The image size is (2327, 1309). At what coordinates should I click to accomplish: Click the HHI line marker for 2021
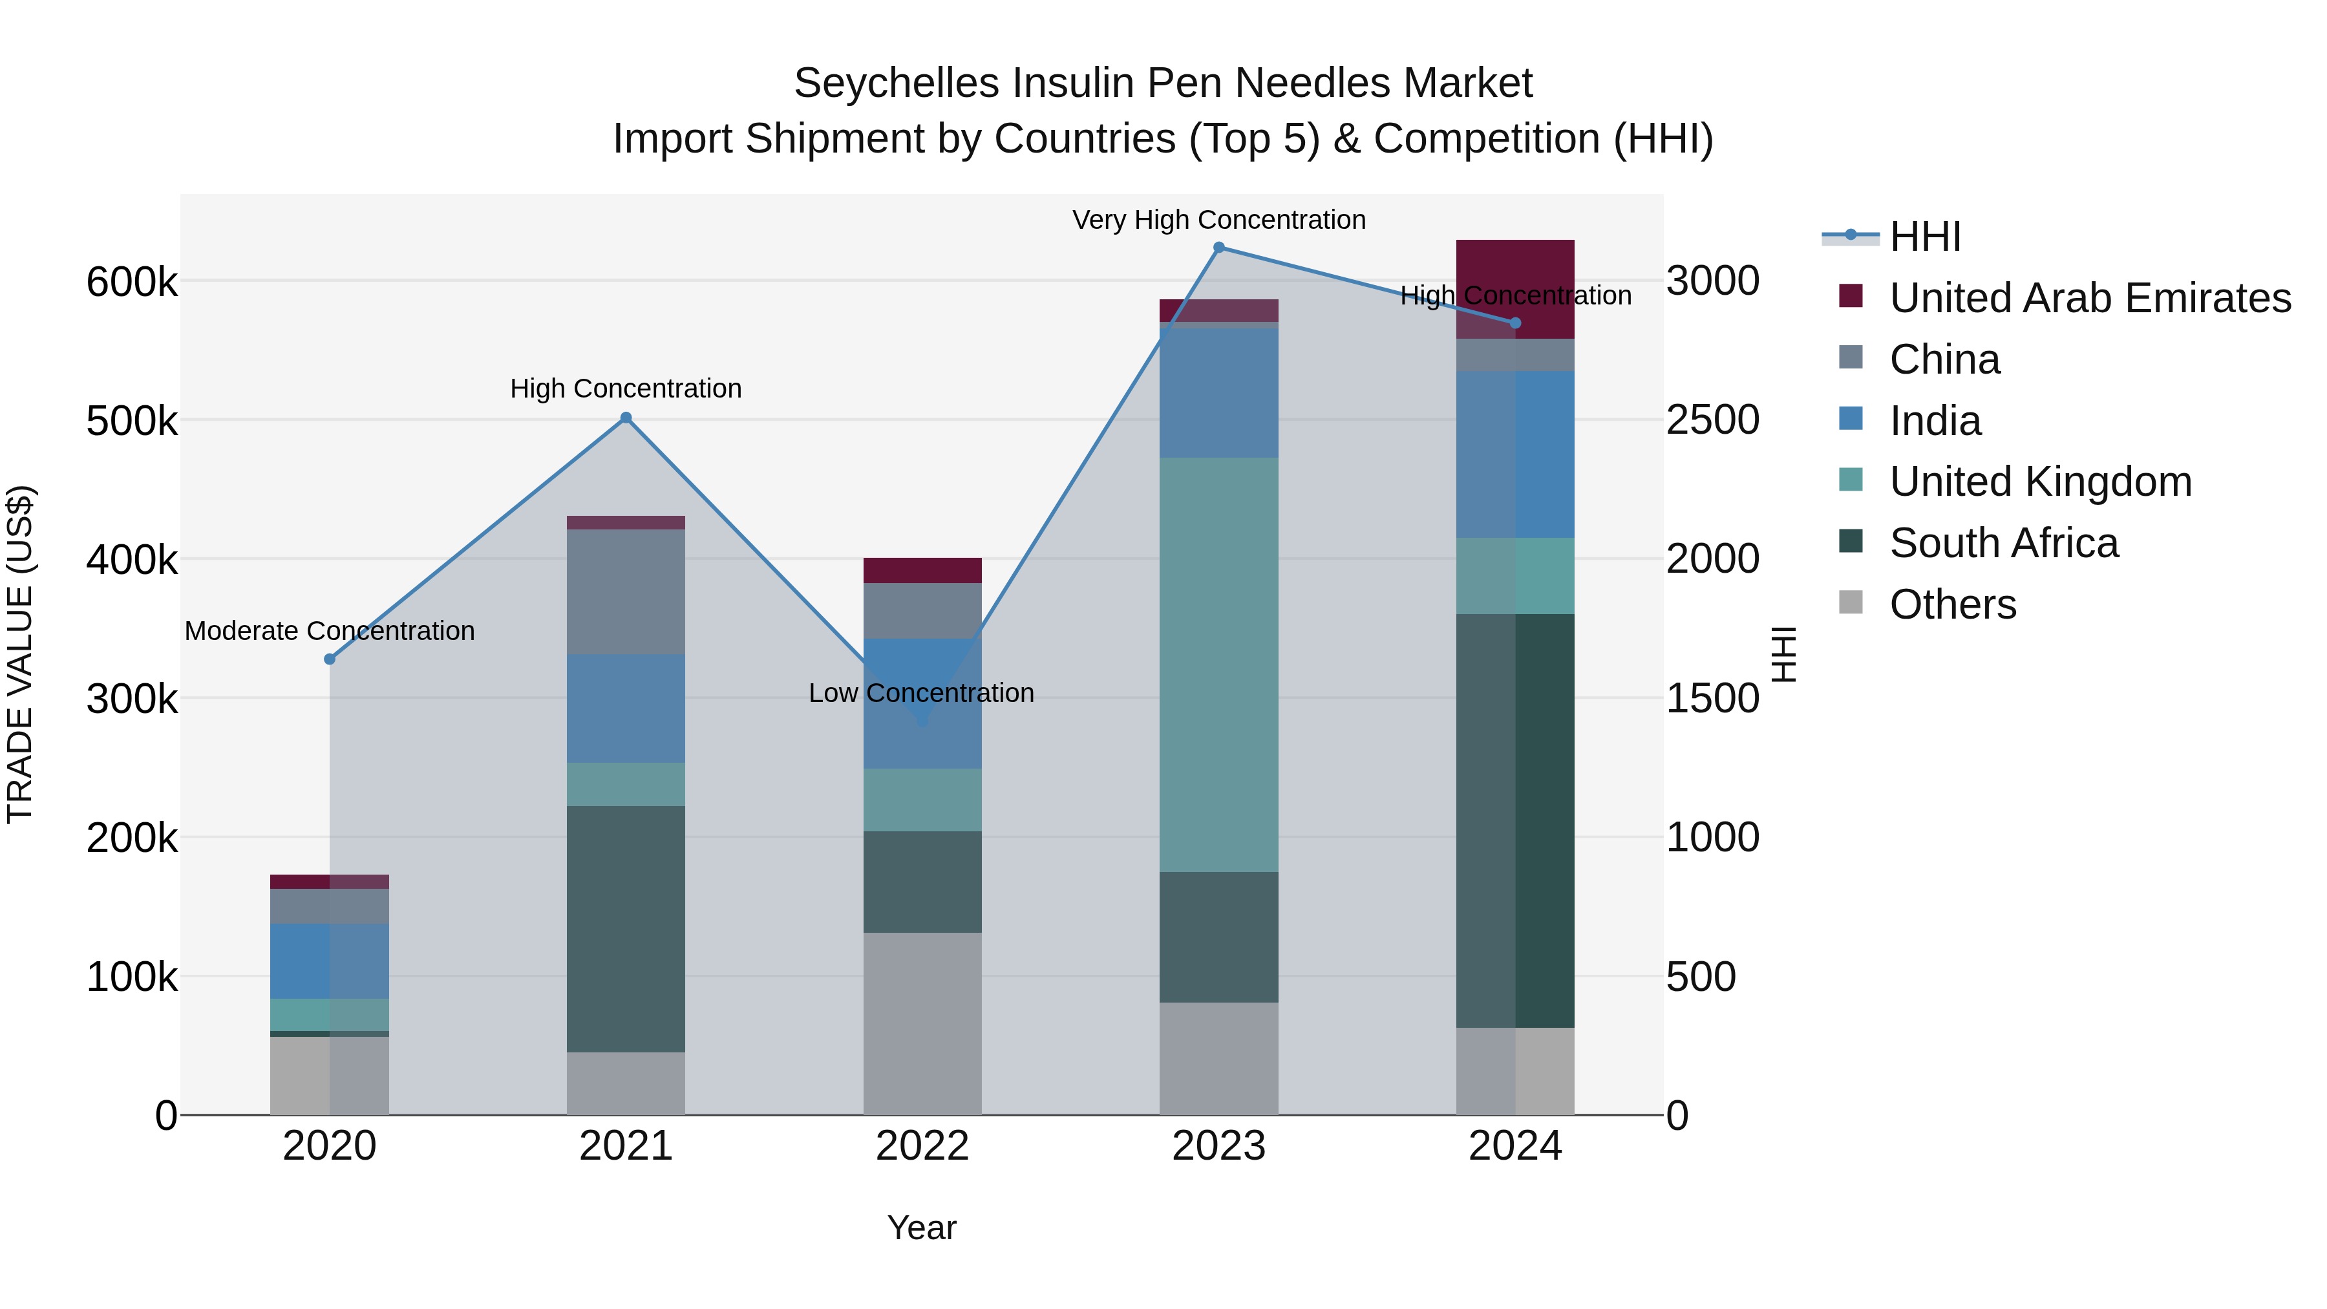(626, 418)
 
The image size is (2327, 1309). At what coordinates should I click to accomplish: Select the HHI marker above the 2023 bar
(1218, 248)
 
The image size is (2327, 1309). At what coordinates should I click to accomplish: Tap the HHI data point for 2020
(330, 659)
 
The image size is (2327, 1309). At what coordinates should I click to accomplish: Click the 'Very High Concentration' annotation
(1218, 220)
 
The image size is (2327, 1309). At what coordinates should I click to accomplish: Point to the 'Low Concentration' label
(920, 694)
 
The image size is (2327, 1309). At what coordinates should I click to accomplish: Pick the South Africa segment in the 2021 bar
(626, 929)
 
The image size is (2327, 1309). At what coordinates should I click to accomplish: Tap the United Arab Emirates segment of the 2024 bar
(1515, 287)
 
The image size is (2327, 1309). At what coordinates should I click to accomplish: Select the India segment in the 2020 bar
(330, 961)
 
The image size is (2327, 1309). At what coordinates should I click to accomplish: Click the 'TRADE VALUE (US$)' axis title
(20, 654)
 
